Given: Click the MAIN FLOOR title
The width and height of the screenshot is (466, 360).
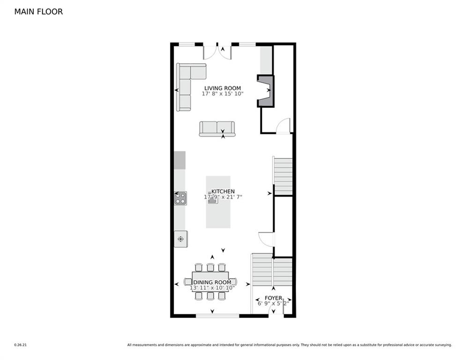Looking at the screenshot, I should tap(38, 12).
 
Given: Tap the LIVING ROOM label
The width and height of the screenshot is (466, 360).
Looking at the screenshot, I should tap(222, 88).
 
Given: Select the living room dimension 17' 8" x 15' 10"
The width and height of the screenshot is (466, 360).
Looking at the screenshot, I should tap(222, 94).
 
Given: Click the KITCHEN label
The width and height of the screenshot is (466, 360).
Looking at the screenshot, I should tap(223, 191).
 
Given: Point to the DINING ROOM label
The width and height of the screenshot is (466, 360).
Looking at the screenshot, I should tap(213, 282).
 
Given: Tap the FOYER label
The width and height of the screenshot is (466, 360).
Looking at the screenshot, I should tap(274, 298).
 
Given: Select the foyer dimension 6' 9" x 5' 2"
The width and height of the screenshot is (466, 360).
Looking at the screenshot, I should tap(274, 303).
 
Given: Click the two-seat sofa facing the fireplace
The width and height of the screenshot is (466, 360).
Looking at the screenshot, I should tap(217, 128).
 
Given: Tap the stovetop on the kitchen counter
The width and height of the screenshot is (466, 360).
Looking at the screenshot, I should tap(180, 198).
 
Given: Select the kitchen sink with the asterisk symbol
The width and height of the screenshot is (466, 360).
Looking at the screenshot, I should tap(180, 239).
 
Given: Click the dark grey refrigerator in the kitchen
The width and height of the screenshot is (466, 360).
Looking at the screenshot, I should tap(180, 160).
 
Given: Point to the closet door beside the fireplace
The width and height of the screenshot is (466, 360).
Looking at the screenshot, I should tap(283, 126).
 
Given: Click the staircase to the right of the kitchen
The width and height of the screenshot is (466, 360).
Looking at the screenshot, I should tap(283, 176).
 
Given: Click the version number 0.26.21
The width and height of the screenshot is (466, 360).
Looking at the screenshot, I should tap(20, 345).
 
